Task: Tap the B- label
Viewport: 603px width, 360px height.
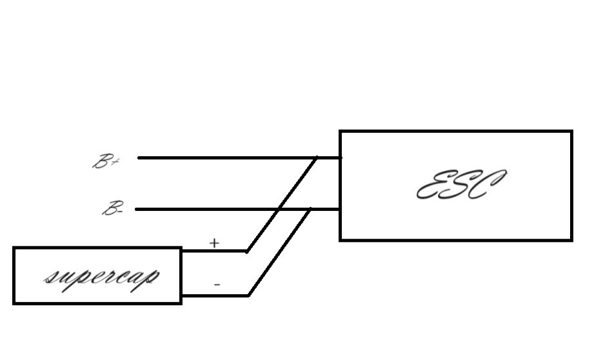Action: coord(113,208)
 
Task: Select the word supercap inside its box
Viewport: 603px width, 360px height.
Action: coord(102,278)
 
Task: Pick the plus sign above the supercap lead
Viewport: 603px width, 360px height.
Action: coord(214,243)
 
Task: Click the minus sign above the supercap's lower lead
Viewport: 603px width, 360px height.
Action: coord(217,285)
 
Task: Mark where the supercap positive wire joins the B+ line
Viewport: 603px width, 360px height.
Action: coord(317,157)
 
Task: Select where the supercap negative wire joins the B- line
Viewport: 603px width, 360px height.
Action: coord(310,209)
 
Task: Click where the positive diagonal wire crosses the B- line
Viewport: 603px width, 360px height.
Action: coord(279,209)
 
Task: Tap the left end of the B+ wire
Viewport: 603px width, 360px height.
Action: coord(139,157)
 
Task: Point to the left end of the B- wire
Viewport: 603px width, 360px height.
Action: coord(137,209)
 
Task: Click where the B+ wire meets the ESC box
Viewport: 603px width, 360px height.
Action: coord(341,157)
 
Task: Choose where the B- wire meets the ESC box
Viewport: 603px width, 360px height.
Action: coord(341,209)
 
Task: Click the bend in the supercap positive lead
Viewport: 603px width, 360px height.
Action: coord(247,252)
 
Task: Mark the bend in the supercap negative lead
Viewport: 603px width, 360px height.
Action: coord(249,295)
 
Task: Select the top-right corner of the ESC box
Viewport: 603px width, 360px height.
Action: coord(572,132)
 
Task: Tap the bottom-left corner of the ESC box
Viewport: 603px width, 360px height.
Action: coord(341,240)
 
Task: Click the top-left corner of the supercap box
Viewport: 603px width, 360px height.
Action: coord(14,248)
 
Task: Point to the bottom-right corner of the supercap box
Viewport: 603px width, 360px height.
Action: coord(181,303)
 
